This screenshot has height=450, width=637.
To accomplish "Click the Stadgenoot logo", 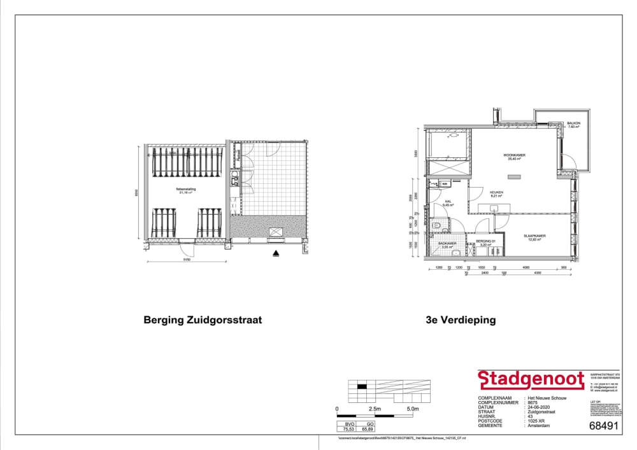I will pyautogui.click(x=531, y=380).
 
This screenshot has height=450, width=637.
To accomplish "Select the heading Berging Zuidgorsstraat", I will pyautogui.click(x=203, y=320).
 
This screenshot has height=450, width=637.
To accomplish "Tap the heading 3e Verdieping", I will pyautogui.click(x=461, y=320).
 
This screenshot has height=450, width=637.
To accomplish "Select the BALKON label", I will pyautogui.click(x=573, y=123).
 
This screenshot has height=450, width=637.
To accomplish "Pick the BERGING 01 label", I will pyautogui.click(x=485, y=243).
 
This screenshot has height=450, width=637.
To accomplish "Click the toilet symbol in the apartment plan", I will pyautogui.click(x=437, y=225).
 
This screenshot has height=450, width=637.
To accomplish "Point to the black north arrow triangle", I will pyautogui.click(x=276, y=253).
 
